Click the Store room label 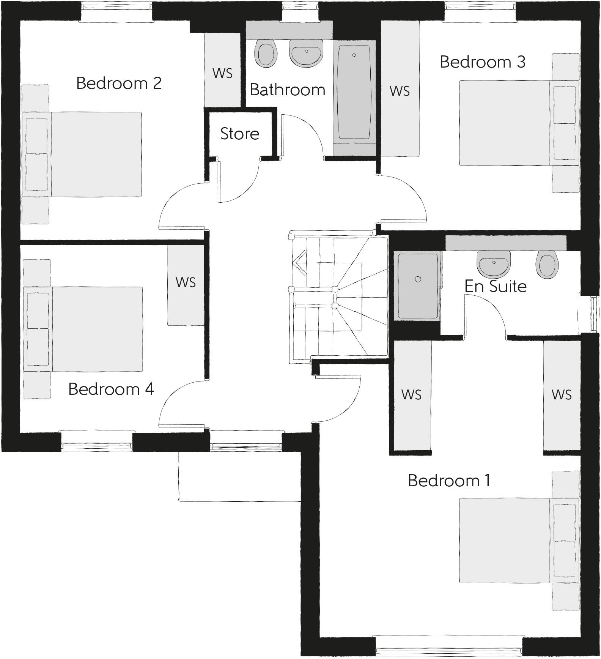(x=239, y=134)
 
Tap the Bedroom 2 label (x=119, y=83)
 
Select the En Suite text (x=496, y=286)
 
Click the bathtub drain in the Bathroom (x=354, y=55)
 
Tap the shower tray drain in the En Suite (x=418, y=279)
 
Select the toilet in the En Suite (x=548, y=265)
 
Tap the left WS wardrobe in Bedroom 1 (x=412, y=395)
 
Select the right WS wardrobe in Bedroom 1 (x=562, y=395)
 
